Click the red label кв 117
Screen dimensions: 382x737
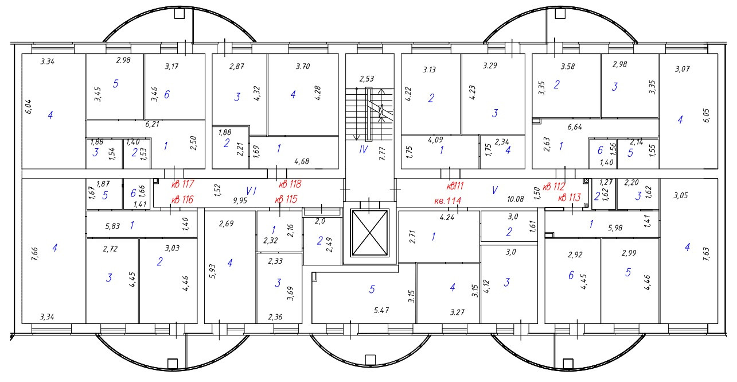[x=184, y=185]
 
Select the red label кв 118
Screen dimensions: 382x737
[x=290, y=185]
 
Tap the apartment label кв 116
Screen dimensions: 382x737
[x=183, y=199]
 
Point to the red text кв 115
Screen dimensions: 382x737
[x=286, y=199]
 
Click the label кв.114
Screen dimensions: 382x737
[x=449, y=200]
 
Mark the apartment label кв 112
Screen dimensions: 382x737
[x=553, y=186]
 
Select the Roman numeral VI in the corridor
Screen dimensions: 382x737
[x=251, y=190]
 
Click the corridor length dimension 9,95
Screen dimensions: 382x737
[x=240, y=201]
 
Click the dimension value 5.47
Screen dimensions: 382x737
[x=381, y=310]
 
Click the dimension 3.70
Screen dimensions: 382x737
[x=302, y=67]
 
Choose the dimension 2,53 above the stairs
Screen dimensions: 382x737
[x=366, y=79]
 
